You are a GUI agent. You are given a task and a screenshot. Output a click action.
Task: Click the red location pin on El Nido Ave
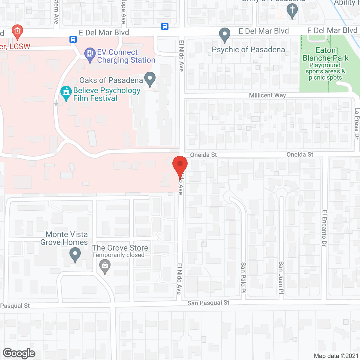180,165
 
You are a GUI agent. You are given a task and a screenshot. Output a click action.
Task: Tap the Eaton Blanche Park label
325,54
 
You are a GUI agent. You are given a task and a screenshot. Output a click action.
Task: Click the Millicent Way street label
267,95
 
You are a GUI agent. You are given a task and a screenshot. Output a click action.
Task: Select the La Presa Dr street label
357,123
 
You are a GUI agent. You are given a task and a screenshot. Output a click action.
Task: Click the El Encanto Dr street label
324,228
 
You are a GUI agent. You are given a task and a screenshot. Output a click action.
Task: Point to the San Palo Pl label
243,278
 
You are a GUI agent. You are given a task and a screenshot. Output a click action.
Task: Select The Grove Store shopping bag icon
105,266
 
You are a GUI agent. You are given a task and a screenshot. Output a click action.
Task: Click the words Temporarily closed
118,255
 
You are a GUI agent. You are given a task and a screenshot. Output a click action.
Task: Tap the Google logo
19,353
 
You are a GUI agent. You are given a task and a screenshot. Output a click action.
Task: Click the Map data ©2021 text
336,356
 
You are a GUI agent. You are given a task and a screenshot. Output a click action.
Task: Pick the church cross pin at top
292,10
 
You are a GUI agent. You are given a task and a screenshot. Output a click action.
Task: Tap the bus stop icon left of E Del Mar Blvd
73,39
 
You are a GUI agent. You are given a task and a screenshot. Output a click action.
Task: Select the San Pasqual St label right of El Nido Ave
208,303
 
